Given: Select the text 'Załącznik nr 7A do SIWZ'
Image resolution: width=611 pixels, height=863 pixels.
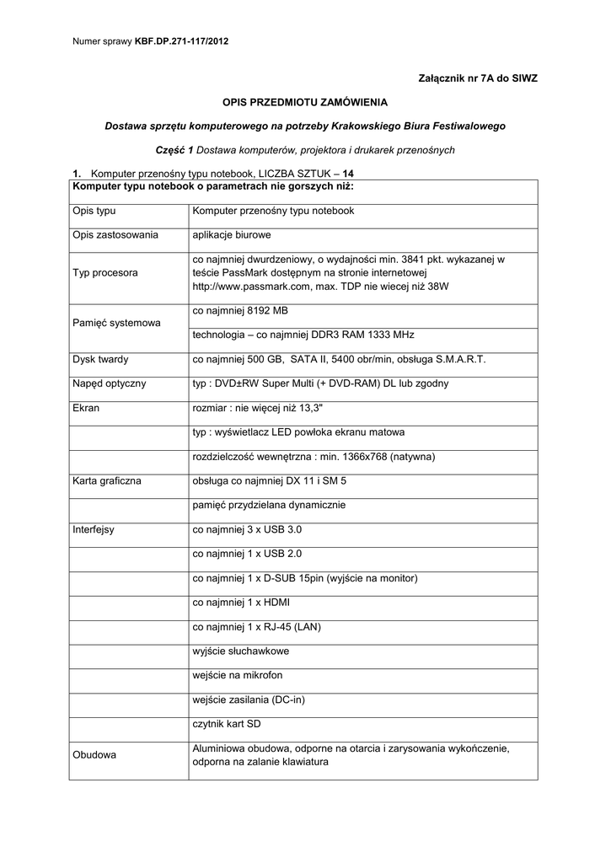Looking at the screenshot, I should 478,78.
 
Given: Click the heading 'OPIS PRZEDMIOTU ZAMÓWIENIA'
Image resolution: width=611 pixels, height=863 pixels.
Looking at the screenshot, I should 305,102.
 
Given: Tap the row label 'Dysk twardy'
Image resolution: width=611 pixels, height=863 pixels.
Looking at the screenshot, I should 101,359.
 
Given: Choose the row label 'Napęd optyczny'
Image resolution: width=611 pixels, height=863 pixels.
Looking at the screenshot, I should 110,383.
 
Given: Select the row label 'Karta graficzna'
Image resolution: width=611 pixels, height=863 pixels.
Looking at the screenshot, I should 107,481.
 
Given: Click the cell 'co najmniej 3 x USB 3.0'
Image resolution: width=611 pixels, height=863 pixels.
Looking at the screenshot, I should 247,530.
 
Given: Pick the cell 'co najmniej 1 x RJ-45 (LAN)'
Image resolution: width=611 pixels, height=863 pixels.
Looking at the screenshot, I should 257,627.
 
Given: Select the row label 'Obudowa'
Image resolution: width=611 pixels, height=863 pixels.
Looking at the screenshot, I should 94,754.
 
